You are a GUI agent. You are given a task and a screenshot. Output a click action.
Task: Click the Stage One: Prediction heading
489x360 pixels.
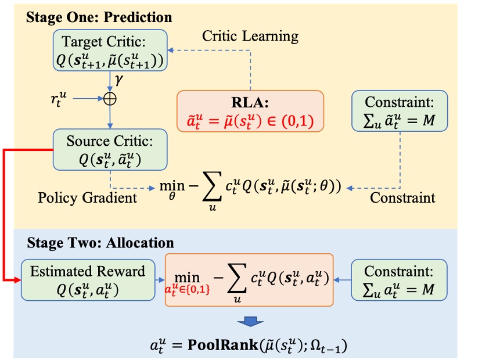pos(99,17)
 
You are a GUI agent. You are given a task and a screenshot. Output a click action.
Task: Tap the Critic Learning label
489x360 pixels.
pos(250,36)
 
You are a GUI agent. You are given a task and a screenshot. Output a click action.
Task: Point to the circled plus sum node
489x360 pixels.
pos(110,99)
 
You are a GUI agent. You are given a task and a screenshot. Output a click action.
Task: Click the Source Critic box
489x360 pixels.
pos(110,149)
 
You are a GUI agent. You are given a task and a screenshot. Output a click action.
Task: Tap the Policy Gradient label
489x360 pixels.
pos(88,197)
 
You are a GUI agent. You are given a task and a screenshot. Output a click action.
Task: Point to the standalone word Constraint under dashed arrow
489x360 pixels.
pos(402,197)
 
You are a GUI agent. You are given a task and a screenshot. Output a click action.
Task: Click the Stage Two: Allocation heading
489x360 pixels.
pos(100,242)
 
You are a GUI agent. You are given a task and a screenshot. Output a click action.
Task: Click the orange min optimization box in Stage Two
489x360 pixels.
pos(249,280)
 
